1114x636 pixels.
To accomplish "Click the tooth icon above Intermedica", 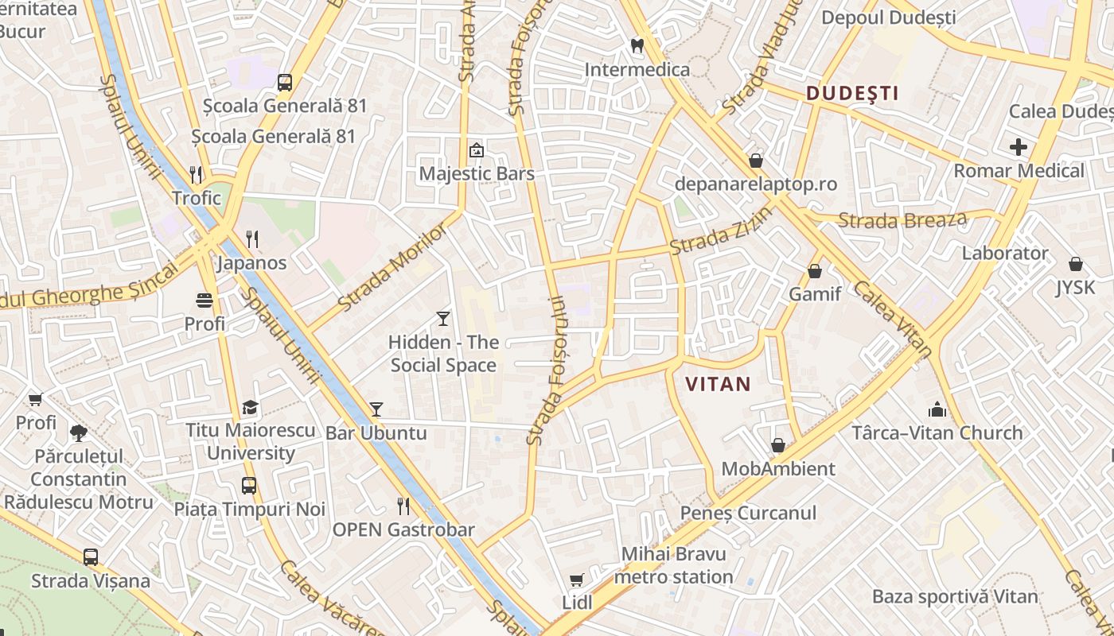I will (637, 46).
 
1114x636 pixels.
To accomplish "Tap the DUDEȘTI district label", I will (852, 93).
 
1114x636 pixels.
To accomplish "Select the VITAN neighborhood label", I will (718, 384).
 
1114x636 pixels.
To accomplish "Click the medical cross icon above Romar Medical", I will (1018, 147).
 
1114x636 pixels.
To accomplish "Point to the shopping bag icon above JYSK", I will (1075, 263).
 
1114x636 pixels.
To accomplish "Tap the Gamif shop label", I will (815, 294).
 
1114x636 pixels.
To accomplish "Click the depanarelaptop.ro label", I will (755, 184).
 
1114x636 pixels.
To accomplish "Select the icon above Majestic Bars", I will (477, 149).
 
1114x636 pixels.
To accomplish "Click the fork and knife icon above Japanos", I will (252, 238).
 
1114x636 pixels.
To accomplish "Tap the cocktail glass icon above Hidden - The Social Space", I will (443, 319).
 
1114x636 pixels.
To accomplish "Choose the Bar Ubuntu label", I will (376, 433).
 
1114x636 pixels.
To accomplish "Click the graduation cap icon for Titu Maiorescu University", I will (251, 408).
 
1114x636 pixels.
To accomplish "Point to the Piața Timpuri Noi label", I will (250, 509).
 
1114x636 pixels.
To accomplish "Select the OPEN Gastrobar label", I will (403, 529).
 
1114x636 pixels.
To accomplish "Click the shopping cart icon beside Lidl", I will (577, 580).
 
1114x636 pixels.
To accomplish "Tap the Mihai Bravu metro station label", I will (674, 565).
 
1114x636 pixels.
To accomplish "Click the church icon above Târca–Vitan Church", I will (937, 410).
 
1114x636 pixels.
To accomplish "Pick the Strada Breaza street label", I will (903, 220).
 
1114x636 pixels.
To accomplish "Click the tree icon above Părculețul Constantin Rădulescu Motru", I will (79, 433).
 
